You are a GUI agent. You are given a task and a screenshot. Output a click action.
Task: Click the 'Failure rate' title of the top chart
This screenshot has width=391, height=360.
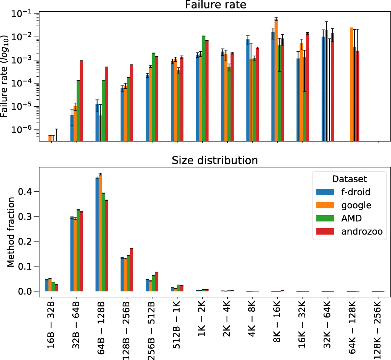tap(215, 5)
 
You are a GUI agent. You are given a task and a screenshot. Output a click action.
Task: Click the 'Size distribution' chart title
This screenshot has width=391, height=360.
tap(215, 160)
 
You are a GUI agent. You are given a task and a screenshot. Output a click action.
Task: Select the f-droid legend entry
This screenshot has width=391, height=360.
tap(355, 192)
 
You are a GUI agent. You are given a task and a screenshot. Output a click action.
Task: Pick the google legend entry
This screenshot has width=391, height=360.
tap(356, 205)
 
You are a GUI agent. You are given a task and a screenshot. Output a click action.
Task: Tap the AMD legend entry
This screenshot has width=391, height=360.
tap(351, 218)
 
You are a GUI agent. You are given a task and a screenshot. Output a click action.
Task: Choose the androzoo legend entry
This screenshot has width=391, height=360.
tap(362, 232)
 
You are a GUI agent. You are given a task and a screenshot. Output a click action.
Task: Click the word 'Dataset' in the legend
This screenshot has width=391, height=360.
tap(349, 179)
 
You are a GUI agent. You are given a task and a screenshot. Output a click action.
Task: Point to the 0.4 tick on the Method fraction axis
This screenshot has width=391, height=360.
tap(26, 191)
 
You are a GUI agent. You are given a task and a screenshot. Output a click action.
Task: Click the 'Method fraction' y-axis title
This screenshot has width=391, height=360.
tap(11, 232)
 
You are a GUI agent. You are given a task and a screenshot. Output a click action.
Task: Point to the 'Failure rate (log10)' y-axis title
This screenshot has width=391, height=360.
tap(5, 77)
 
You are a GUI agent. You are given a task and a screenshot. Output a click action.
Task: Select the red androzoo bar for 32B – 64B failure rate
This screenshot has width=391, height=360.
tap(81, 101)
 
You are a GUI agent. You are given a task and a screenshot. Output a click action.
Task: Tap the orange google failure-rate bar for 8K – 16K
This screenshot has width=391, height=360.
tap(276, 80)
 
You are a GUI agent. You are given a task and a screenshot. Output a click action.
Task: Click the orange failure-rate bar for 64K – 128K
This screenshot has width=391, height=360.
tap(352, 84)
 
